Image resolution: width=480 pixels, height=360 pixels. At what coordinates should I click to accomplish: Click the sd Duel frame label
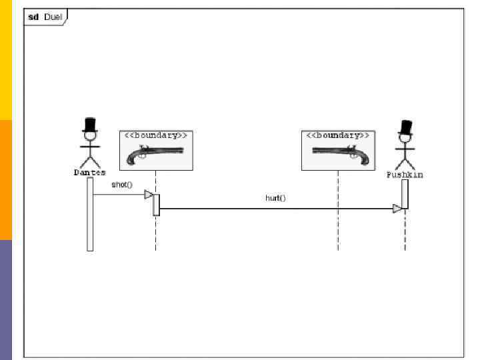(x=45, y=17)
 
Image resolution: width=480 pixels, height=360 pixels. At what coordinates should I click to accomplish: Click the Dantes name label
(x=89, y=173)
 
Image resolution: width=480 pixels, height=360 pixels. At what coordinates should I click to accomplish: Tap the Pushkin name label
(x=405, y=175)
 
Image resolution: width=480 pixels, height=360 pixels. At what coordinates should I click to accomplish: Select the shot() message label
(x=121, y=185)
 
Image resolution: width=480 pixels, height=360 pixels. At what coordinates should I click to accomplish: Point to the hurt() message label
(x=275, y=198)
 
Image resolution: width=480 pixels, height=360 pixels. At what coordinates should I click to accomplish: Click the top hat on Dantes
(x=90, y=125)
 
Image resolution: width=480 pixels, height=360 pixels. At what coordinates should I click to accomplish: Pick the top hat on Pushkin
(x=404, y=127)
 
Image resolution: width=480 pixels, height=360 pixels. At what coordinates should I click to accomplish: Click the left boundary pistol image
(x=155, y=155)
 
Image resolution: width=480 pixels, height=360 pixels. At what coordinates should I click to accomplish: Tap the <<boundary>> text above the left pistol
(x=156, y=135)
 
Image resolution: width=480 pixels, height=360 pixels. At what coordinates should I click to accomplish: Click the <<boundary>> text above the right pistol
(x=337, y=135)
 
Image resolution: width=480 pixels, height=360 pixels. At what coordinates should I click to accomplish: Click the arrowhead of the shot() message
(x=149, y=195)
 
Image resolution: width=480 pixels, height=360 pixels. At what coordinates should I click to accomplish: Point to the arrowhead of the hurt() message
(x=397, y=209)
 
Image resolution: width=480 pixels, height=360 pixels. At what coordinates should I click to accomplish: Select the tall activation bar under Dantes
(x=90, y=214)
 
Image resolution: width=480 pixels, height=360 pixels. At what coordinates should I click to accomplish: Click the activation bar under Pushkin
(x=405, y=194)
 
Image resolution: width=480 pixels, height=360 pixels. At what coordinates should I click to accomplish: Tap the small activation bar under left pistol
(x=156, y=205)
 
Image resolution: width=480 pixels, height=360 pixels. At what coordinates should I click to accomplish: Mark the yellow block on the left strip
(x=6, y=60)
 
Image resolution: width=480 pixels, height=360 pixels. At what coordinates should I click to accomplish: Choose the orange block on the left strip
(x=6, y=180)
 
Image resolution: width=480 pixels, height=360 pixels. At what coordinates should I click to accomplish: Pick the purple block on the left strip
(x=6, y=300)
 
